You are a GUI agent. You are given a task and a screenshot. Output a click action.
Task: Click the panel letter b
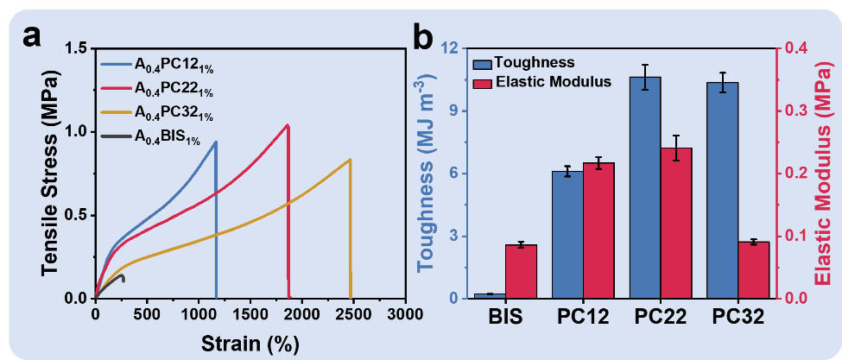tap(424, 37)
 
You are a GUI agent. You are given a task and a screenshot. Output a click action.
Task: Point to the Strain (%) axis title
tap(250, 343)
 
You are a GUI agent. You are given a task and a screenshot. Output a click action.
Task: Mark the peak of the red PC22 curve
tap(287, 125)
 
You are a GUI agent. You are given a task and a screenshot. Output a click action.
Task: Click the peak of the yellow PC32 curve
tap(350, 159)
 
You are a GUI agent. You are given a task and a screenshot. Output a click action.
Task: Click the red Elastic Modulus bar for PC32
tap(753, 270)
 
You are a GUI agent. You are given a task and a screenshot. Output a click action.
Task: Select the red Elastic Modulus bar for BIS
tap(521, 271)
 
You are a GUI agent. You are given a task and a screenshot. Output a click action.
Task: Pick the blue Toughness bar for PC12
tap(567, 234)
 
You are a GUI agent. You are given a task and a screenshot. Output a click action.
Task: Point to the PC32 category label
tap(738, 318)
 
